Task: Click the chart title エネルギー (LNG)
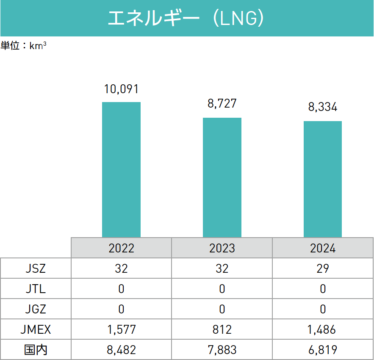[186, 19]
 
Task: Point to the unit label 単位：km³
[23, 46]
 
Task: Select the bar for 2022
[121, 169]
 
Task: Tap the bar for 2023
[222, 177]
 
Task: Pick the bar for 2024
[323, 179]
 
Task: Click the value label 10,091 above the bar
[122, 89]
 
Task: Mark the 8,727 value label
[222, 104]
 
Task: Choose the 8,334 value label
[323, 108]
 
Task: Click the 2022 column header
[121, 248]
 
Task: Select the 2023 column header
[222, 248]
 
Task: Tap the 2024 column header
[323, 248]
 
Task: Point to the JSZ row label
[36, 268]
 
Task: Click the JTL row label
[36, 289]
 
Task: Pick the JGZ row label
[36, 309]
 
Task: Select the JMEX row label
[36, 330]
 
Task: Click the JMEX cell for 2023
[222, 330]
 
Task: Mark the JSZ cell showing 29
[323, 268]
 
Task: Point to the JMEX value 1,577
[121, 330]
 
